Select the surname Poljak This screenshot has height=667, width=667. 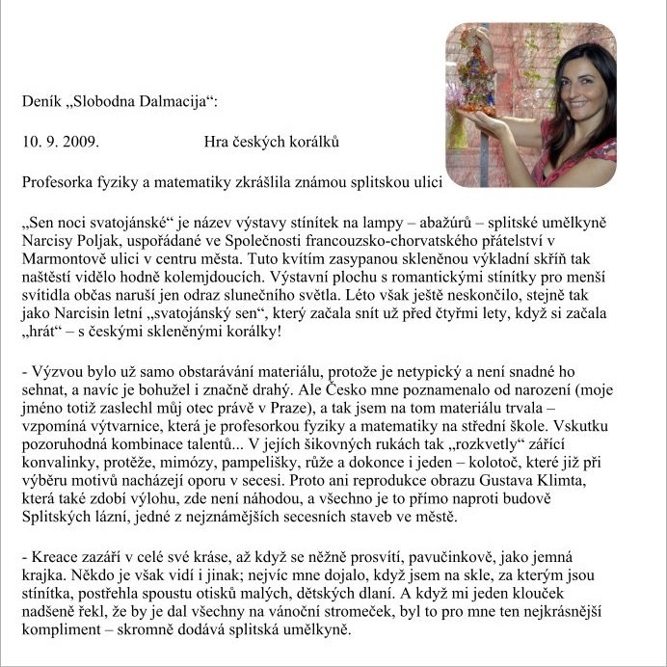pos(99,239)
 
